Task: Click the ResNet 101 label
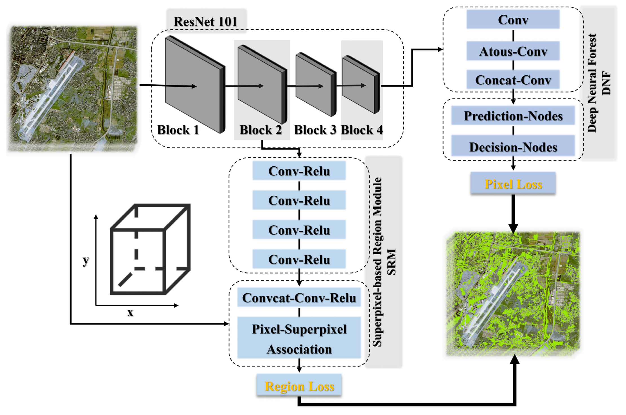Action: [x=205, y=22]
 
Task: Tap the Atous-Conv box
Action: [x=513, y=51]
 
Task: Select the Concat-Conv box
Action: [x=513, y=80]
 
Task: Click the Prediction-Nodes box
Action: [x=513, y=116]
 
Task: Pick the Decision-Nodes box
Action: [x=513, y=147]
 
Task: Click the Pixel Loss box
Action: [x=513, y=184]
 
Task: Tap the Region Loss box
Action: [x=299, y=386]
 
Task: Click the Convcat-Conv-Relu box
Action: [x=299, y=298]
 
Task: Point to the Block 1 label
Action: [x=178, y=130]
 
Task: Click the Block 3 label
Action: [x=315, y=130]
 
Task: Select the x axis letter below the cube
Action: [x=130, y=312]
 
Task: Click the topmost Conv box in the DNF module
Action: [x=513, y=20]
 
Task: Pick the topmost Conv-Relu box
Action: [x=299, y=171]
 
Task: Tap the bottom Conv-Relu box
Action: [x=299, y=259]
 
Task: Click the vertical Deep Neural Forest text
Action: [x=592, y=83]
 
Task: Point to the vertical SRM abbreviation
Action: [x=391, y=262]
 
